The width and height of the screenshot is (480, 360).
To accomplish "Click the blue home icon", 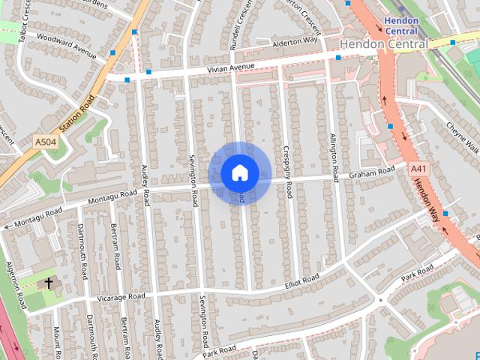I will [x=239, y=172].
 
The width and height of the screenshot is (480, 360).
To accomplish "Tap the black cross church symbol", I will [x=49, y=283].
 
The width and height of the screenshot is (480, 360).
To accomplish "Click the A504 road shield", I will [x=45, y=140].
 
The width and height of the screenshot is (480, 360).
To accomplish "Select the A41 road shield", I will [x=417, y=170].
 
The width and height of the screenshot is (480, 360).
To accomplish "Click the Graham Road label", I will [x=371, y=173].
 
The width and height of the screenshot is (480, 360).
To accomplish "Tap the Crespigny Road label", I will [x=287, y=172].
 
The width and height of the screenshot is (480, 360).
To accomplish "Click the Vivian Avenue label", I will [x=232, y=69].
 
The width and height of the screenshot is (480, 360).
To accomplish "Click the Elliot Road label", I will [x=301, y=280].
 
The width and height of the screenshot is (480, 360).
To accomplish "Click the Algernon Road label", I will [x=16, y=285].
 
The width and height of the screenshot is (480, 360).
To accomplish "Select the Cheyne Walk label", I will [x=462, y=135].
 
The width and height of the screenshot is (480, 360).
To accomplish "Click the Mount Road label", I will [x=56, y=341].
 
